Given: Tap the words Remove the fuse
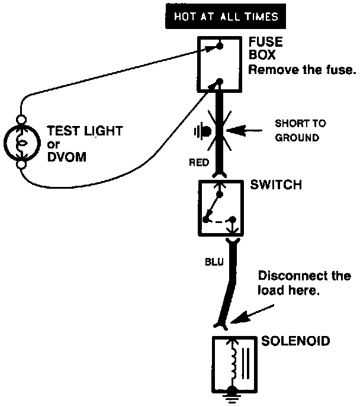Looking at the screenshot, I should pyautogui.click(x=301, y=70).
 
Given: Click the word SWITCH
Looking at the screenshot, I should pyautogui.click(x=276, y=185).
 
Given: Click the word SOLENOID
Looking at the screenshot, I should pyautogui.click(x=296, y=341).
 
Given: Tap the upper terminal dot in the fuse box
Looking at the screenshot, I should pyautogui.click(x=219, y=44).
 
